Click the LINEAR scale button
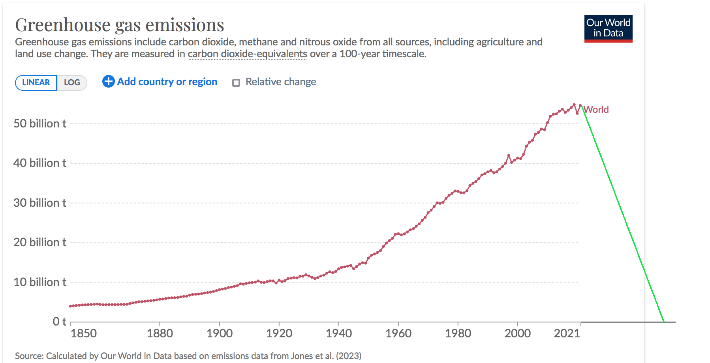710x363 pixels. click(x=36, y=82)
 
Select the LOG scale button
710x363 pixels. click(x=72, y=82)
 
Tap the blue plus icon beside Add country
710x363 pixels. click(x=108, y=81)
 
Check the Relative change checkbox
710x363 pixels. click(x=236, y=82)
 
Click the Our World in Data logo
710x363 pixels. click(x=608, y=28)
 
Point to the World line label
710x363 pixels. click(x=596, y=110)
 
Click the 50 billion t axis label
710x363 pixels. click(x=40, y=123)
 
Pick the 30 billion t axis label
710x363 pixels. click(x=40, y=203)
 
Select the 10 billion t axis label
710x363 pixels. click(x=40, y=282)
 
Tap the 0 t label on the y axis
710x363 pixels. click(x=60, y=322)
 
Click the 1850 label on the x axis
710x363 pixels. click(x=83, y=333)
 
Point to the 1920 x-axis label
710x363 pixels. click(x=279, y=333)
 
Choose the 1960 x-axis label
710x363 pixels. click(x=398, y=333)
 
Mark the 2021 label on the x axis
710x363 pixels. click(x=567, y=333)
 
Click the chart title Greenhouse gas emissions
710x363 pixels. click(x=120, y=25)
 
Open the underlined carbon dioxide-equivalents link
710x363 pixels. click(x=247, y=54)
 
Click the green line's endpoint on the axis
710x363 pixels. click(x=664, y=322)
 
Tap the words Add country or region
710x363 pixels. click(x=167, y=82)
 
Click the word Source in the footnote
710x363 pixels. click(x=29, y=356)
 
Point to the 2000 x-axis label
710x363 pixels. click(x=517, y=333)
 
